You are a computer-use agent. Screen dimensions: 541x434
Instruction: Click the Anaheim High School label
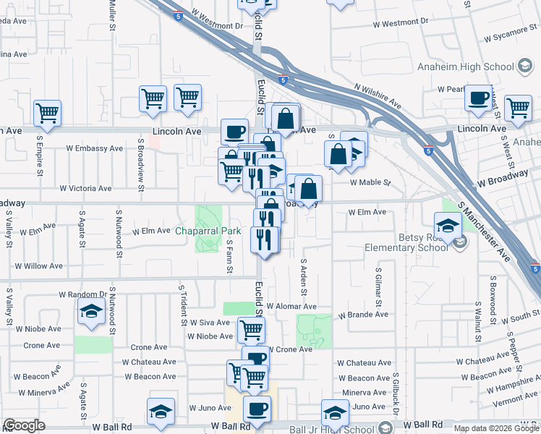(x=464, y=67)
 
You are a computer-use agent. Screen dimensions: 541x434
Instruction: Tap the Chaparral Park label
(x=208, y=231)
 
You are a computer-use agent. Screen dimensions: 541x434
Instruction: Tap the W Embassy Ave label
(x=94, y=148)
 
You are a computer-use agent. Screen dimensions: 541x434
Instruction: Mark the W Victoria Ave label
(x=85, y=188)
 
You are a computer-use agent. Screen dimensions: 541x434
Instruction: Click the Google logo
(x=24, y=425)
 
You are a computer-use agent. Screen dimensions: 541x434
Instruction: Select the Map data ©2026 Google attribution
(x=495, y=428)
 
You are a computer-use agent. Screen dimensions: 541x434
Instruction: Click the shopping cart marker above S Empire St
(x=47, y=112)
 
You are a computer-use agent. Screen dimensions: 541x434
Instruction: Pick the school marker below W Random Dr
(x=91, y=312)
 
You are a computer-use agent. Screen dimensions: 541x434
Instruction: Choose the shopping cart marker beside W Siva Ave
(x=251, y=329)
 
